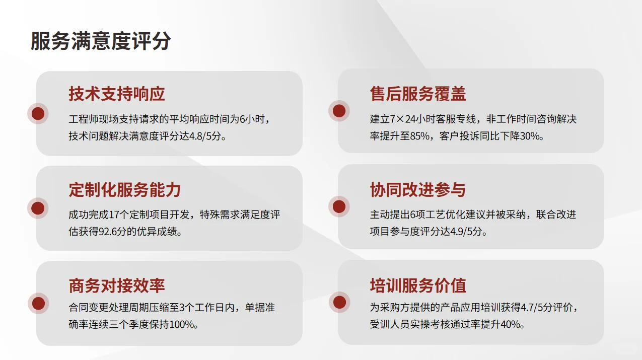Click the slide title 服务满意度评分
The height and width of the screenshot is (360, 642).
point(101,41)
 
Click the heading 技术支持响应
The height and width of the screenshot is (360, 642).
point(117,94)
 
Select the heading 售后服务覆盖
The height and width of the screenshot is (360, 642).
point(418,94)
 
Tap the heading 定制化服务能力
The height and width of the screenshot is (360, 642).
point(124,190)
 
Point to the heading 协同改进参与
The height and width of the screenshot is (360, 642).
point(417,190)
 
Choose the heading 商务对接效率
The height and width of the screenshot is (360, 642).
point(117,285)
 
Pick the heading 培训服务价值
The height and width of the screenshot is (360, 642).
point(418,285)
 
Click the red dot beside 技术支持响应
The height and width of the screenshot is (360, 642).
point(38,113)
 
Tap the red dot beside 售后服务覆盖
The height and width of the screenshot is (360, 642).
point(339,111)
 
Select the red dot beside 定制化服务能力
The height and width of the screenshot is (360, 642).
point(38,208)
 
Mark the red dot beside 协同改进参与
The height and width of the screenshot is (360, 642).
point(339,206)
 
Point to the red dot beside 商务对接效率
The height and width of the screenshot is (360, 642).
point(38,303)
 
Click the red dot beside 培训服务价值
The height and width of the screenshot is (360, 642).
point(339,302)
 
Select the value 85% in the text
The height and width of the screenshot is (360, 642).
point(419,136)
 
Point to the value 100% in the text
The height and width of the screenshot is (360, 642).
point(182,325)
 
